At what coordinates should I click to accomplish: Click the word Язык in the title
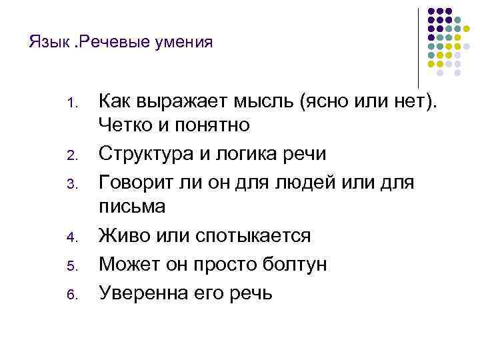(45, 43)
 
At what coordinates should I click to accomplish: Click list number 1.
(73, 104)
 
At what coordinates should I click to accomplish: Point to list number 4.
(73, 236)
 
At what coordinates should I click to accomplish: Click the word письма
(131, 206)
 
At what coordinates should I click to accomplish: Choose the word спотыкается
(254, 235)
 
